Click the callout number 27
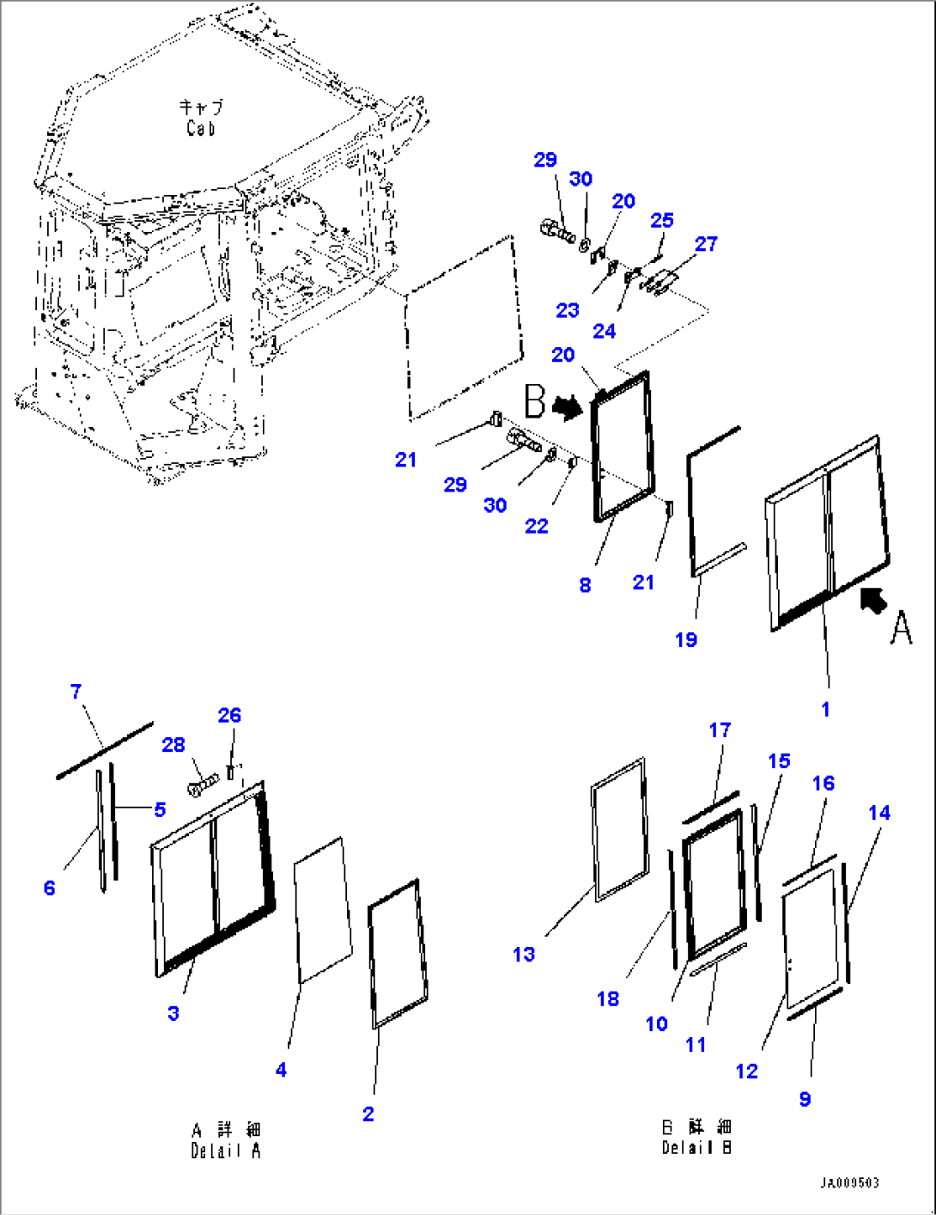706,244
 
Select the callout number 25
661,221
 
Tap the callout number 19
686,640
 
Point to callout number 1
825,710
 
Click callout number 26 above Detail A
229,716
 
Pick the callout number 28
173,745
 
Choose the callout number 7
76,692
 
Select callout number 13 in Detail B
524,955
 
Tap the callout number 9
805,1099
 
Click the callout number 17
720,730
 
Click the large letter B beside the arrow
534,401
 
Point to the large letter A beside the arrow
900,627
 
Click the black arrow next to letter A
873,599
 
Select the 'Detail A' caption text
226,1151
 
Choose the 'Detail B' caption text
696,1147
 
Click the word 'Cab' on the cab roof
200,128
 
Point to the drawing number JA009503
849,1183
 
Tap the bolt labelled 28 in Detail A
203,783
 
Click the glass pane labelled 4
323,911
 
